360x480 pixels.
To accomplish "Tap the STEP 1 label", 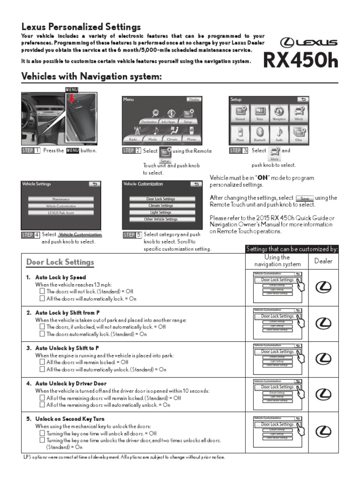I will click(x=30, y=150).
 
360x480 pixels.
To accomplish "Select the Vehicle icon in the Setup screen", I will click(x=298, y=114).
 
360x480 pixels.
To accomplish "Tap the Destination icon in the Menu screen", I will click(x=149, y=115).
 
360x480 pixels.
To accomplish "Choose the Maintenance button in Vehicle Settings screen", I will click(x=60, y=199).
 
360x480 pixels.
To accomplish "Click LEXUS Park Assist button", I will click(x=60, y=213).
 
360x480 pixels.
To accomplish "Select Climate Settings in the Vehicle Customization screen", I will click(x=160, y=206).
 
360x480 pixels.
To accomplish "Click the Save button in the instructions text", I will click(x=305, y=198).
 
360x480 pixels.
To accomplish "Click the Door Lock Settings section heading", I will click(x=60, y=262).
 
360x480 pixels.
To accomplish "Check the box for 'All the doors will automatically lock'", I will click(x=42, y=298).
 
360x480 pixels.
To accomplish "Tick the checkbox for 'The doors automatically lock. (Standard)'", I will click(x=42, y=334).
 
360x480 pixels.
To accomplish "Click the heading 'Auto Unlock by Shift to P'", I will click(x=67, y=348).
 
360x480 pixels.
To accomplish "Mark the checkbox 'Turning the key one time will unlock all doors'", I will click(x=42, y=434).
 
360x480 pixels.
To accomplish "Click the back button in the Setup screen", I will click(x=304, y=99).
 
